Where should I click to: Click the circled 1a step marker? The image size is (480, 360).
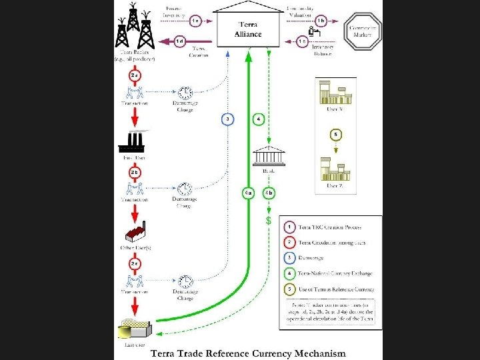(195, 21)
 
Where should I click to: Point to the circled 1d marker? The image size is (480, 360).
(180, 41)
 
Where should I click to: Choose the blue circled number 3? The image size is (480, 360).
(228, 119)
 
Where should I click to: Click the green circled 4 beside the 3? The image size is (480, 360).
(259, 119)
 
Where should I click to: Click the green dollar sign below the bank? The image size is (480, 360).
(268, 219)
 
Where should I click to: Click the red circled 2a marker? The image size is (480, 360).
(135, 76)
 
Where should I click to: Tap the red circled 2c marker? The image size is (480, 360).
(135, 264)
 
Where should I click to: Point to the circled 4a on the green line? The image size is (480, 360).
(247, 193)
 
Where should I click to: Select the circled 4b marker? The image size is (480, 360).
(269, 193)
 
